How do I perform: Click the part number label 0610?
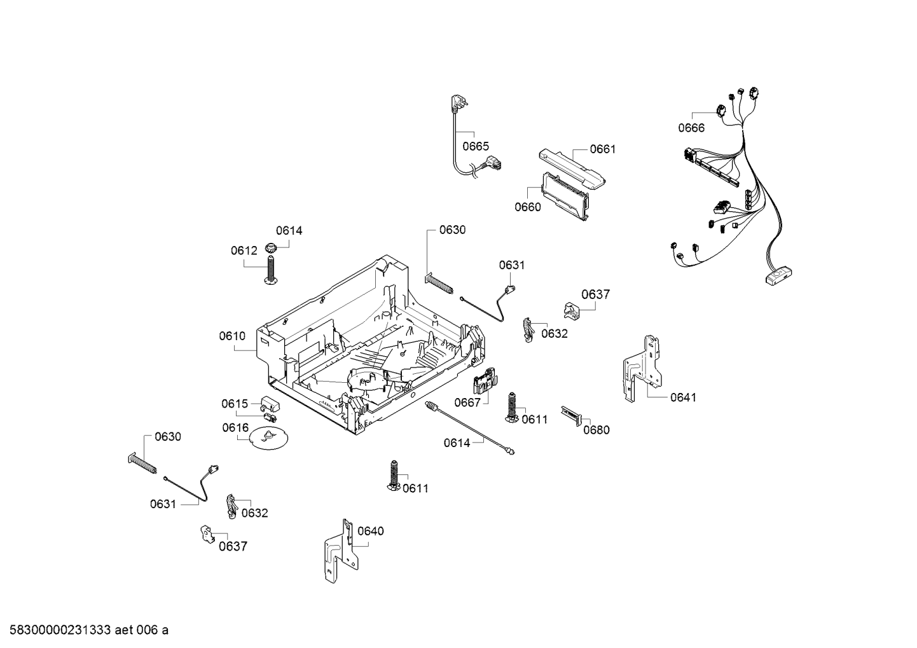[x=232, y=336]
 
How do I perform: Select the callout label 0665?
[x=476, y=146]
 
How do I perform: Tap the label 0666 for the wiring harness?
[x=691, y=128]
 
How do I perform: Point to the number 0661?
[x=602, y=149]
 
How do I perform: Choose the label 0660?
[x=528, y=207]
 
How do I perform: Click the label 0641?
[x=683, y=397]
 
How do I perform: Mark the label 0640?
[x=371, y=531]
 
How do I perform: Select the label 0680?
[x=596, y=430]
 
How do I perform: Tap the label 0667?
[x=467, y=402]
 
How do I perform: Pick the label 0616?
[x=235, y=428]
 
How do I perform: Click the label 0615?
[x=235, y=404]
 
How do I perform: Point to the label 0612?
[x=244, y=251]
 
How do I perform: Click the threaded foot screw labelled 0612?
[x=271, y=271]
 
